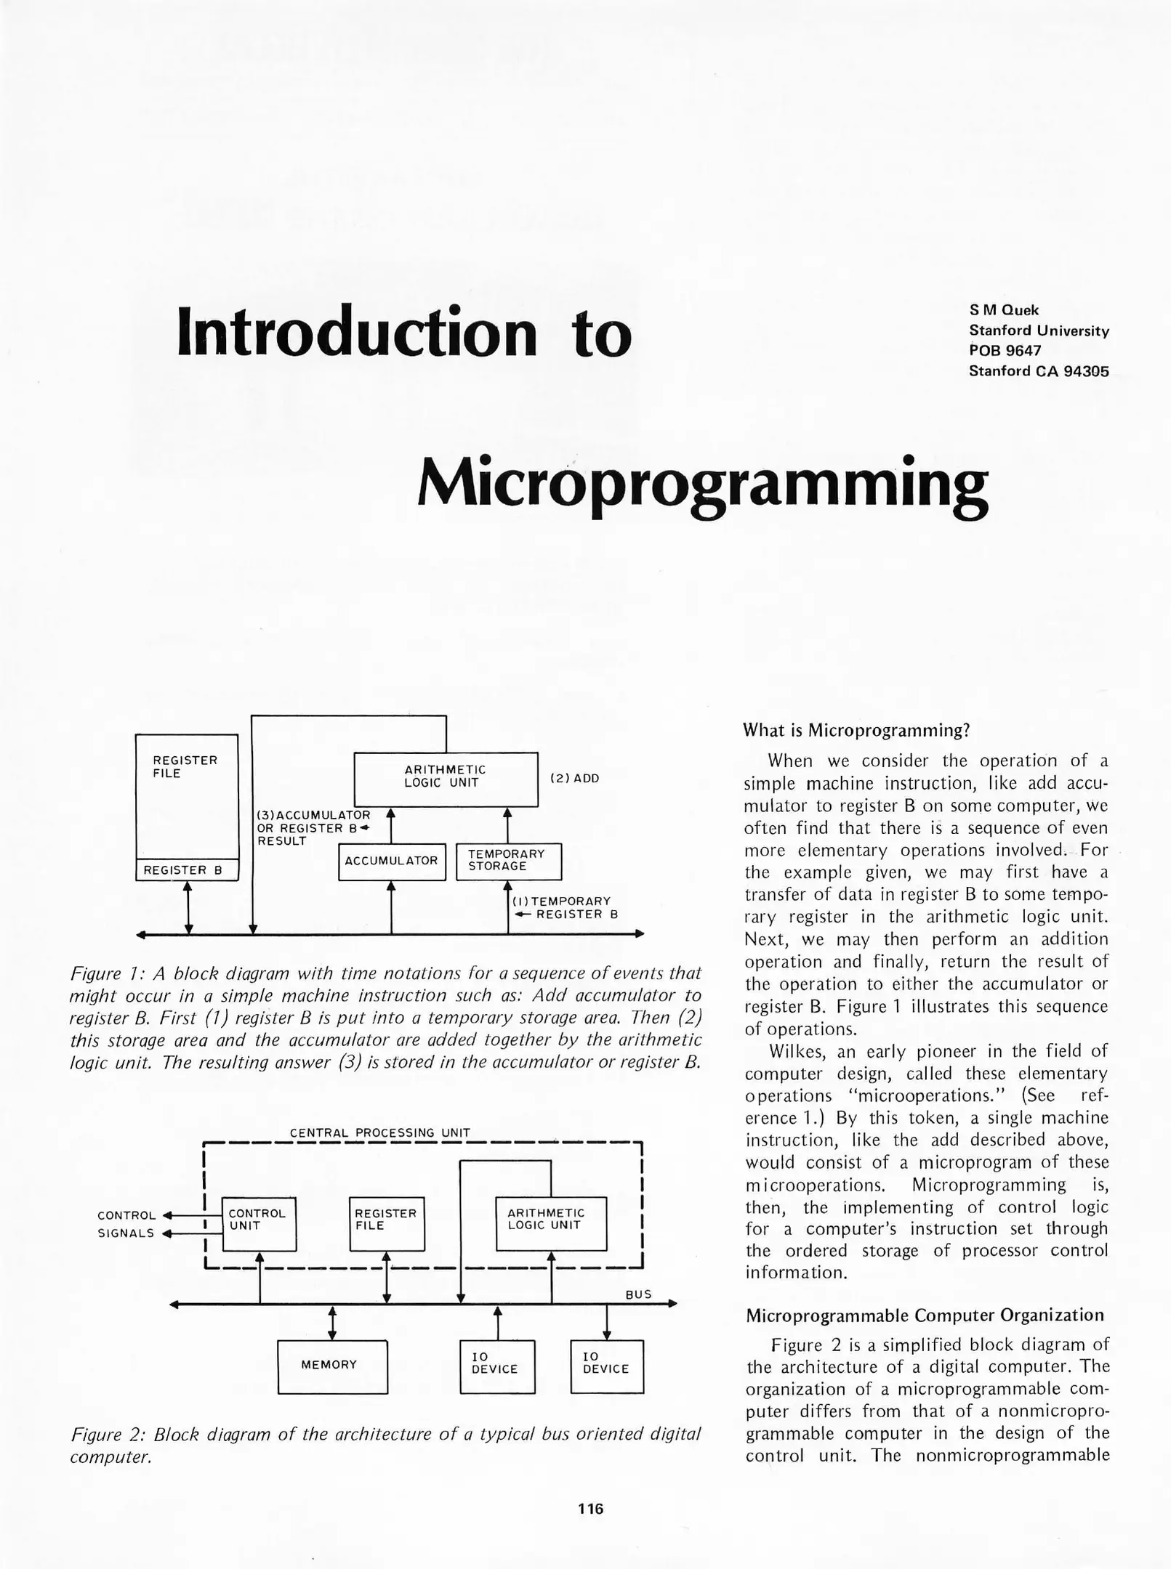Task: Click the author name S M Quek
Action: [1004, 310]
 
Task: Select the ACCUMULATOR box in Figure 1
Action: [392, 861]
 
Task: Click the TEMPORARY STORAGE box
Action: [509, 861]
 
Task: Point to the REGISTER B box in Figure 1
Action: [187, 870]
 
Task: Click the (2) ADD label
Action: [574, 779]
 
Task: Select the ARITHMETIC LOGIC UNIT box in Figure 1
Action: [446, 779]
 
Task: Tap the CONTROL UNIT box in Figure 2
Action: [259, 1224]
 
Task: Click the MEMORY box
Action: [332, 1366]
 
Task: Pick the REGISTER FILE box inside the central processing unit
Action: [387, 1224]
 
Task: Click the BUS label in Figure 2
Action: [638, 1294]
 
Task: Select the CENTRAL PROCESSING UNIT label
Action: [380, 1132]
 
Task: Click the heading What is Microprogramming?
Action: [856, 730]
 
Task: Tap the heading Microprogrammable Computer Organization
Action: [925, 1315]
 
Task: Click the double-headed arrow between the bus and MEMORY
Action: [332, 1323]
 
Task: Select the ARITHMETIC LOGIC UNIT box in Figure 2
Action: [551, 1224]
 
